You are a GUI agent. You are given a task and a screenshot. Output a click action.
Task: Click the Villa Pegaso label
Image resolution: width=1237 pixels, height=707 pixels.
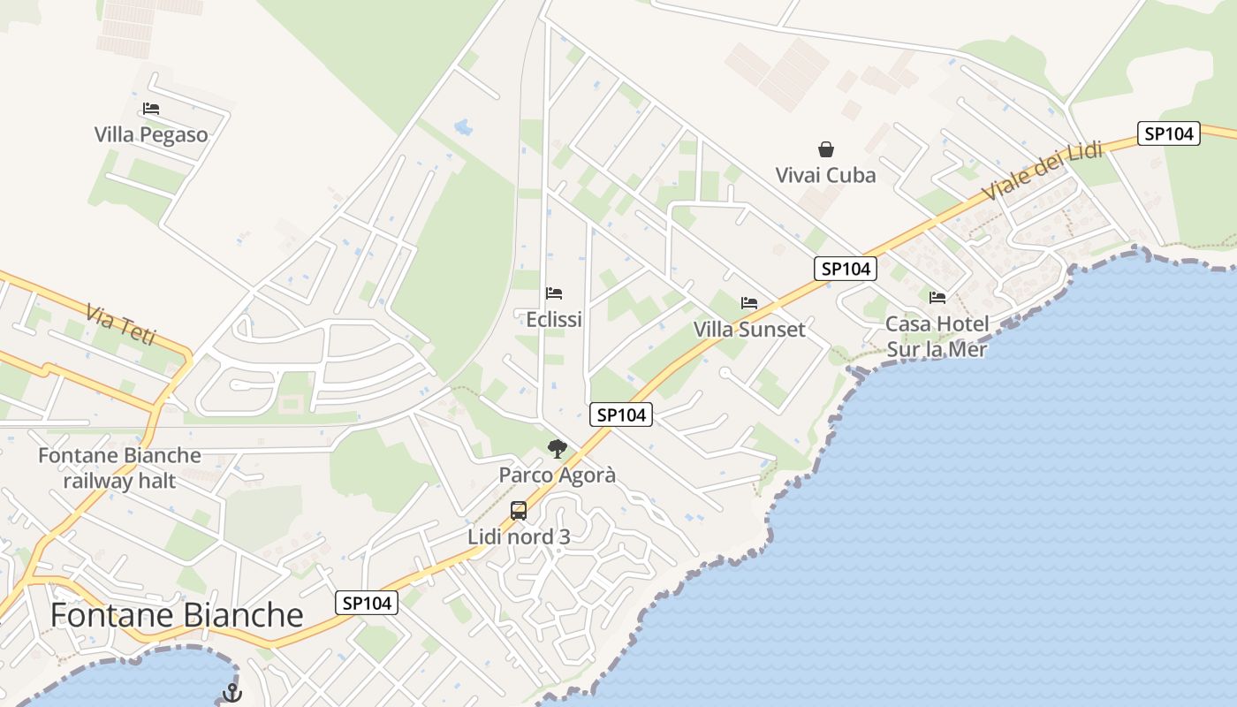(151, 134)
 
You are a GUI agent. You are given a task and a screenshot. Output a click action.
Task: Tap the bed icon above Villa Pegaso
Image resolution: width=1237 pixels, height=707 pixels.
(151, 110)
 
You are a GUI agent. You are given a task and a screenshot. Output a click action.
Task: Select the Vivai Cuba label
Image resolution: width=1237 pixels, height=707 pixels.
(825, 175)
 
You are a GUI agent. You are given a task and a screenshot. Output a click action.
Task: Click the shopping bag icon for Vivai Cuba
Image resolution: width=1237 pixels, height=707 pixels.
(826, 149)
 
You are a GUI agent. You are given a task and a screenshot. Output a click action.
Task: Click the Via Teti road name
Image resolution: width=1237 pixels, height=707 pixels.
(121, 324)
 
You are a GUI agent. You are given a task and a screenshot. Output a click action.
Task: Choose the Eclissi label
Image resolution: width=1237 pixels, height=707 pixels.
(554, 319)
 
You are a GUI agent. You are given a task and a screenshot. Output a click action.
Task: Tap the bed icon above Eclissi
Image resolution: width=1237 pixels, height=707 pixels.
(554, 293)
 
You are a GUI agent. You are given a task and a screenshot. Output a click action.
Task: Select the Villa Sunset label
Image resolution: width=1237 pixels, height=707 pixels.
(749, 330)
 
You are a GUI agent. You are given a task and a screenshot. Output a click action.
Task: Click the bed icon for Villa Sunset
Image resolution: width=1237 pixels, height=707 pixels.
(749, 303)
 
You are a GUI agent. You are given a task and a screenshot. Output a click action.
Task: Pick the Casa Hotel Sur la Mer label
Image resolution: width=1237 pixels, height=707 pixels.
(937, 337)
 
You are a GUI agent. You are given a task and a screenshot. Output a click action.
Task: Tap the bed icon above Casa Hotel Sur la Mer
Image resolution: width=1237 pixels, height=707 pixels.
(937, 298)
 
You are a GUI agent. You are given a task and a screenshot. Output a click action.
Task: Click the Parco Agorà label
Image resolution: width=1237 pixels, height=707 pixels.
(557, 475)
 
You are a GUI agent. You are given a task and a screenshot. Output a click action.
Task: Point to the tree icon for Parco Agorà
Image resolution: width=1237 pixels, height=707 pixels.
(557, 449)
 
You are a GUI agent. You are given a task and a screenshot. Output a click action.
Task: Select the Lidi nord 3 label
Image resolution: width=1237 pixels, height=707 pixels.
(519, 536)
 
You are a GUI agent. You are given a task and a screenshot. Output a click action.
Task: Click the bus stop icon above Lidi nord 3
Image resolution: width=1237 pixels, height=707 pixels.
(519, 511)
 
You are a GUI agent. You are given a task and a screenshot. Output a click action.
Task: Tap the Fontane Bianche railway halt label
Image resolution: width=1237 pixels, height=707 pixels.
(119, 468)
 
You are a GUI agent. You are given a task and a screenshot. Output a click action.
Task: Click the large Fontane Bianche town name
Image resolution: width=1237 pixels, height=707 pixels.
(177, 615)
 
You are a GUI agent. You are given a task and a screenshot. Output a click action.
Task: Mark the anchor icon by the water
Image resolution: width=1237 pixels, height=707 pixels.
(231, 693)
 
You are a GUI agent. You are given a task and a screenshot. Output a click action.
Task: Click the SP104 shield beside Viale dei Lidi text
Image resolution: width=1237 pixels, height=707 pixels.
(1168, 134)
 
